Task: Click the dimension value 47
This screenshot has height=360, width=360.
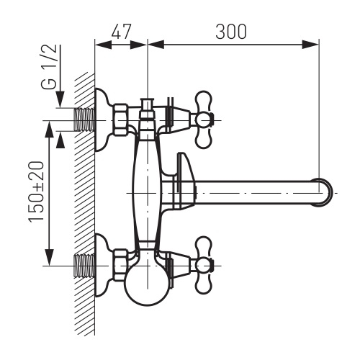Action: [121, 31]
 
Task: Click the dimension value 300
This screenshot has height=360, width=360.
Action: [231, 31]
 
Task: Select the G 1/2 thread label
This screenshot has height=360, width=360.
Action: [49, 66]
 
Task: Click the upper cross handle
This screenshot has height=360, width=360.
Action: [204, 120]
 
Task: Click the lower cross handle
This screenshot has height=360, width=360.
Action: [204, 266]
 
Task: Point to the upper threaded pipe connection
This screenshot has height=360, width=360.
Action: [84, 120]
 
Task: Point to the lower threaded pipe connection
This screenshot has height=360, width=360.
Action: [84, 266]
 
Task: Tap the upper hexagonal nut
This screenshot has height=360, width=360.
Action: [121, 120]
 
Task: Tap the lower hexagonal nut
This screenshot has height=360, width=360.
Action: [120, 266]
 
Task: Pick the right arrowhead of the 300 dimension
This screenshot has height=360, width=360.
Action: [310, 45]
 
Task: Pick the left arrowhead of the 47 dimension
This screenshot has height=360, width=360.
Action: [104, 45]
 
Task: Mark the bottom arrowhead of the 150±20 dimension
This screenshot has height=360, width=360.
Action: [49, 257]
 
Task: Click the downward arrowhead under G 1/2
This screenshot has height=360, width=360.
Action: [60, 99]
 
